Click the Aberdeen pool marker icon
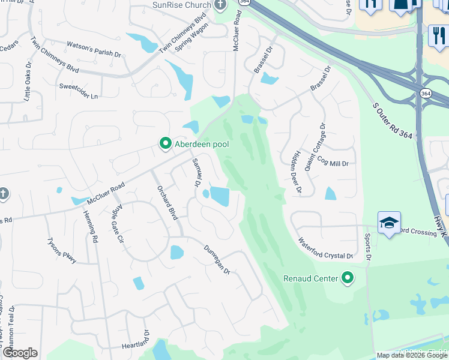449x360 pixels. [165, 144]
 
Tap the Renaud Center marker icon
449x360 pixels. [347, 278]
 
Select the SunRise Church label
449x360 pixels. [182, 5]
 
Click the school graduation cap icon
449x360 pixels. [388, 223]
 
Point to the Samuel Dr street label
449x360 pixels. [196, 172]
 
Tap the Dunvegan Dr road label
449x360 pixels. [217, 260]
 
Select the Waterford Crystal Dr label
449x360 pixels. [325, 248]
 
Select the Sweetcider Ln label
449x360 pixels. [78, 86]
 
